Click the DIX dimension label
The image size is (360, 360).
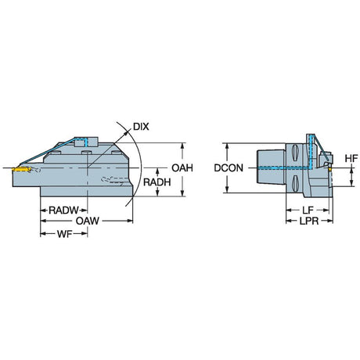coord(141,127)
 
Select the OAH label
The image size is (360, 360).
coord(182,168)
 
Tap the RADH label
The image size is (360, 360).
coord(157,182)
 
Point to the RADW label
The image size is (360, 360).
coord(63,211)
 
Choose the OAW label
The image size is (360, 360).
coord(88,221)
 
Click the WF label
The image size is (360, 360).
coord(64,234)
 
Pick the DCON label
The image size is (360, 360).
coord(229,168)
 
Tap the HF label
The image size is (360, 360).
coord(351,158)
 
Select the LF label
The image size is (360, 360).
coord(308,210)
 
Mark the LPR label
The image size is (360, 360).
coord(309,221)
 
